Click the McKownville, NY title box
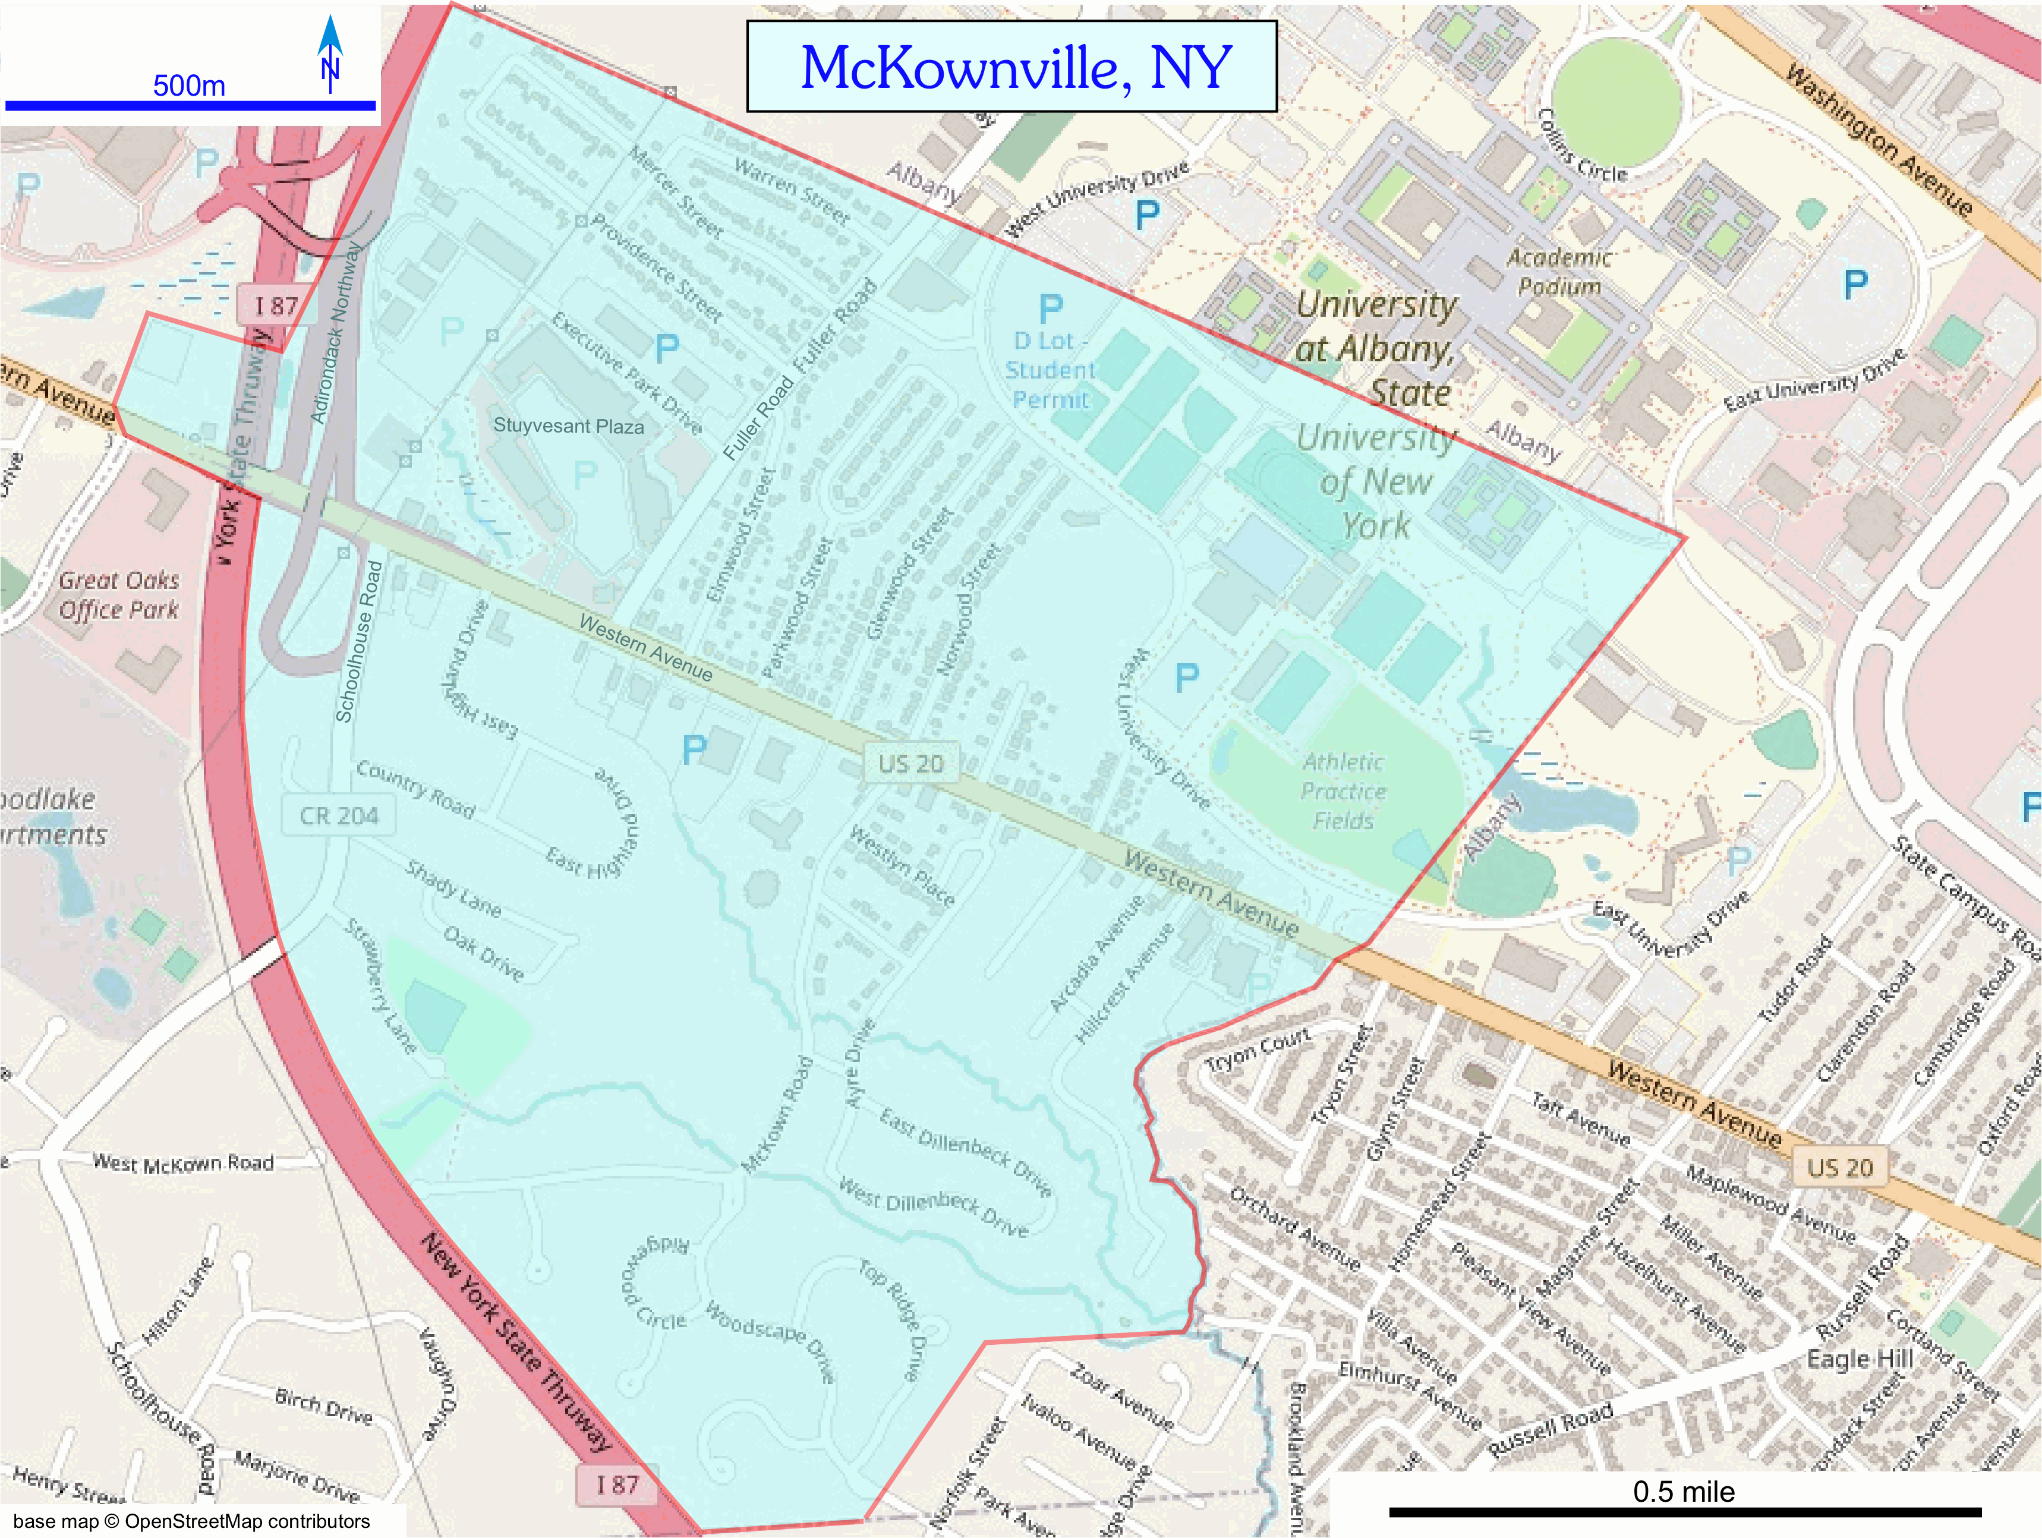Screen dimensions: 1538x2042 pos(1011,67)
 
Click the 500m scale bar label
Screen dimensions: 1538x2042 pos(188,86)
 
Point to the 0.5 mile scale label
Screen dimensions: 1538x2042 pos(1683,1491)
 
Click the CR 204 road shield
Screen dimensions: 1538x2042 pos(339,816)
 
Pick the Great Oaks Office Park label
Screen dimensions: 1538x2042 pos(119,594)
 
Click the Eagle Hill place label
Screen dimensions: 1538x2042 pos(1859,1359)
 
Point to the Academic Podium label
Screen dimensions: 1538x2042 pos(1559,272)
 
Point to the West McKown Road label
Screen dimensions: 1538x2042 pos(183,1162)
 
